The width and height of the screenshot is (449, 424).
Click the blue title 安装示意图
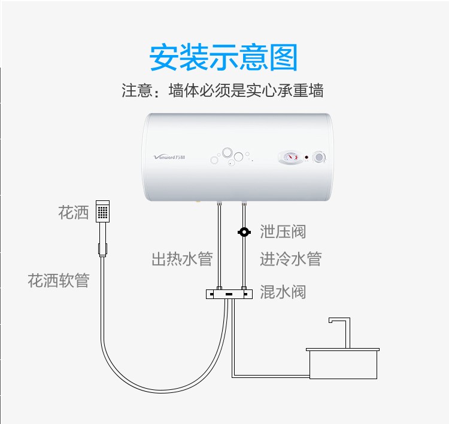pyautogui.click(x=223, y=57)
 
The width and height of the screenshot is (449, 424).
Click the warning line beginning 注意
pyautogui.click(x=223, y=90)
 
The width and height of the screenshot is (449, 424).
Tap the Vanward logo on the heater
pyautogui.click(x=169, y=157)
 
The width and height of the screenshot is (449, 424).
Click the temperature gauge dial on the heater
pyautogui.click(x=290, y=157)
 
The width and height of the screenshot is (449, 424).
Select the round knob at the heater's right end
pyautogui.click(x=318, y=157)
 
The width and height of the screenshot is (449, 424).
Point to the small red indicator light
pyautogui.click(x=307, y=157)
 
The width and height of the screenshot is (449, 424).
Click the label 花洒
pyautogui.click(x=74, y=212)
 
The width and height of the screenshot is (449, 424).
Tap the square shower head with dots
pyautogui.click(x=102, y=211)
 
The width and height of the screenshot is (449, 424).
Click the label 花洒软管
pyautogui.click(x=59, y=280)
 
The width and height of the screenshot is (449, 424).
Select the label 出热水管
pyautogui.click(x=182, y=258)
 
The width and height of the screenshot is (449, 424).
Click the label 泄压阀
pyautogui.click(x=283, y=231)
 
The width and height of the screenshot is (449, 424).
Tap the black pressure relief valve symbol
pyautogui.click(x=244, y=232)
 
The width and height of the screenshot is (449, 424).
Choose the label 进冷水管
pyautogui.click(x=291, y=258)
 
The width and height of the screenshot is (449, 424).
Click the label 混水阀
pyautogui.click(x=283, y=292)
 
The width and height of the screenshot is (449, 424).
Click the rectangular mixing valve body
pyautogui.click(x=229, y=294)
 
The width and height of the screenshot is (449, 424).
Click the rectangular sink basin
pyautogui.click(x=343, y=364)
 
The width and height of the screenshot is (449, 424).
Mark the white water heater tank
pyautogui.click(x=238, y=157)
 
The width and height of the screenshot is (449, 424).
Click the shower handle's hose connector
pyautogui.click(x=102, y=249)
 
